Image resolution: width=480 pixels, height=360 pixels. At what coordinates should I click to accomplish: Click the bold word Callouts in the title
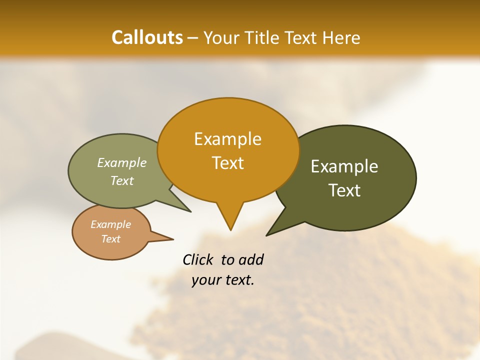tap(147, 37)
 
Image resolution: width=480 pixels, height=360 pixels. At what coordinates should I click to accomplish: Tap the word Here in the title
tap(341, 37)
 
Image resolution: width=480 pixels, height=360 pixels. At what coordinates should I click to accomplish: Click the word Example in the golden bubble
tap(227, 139)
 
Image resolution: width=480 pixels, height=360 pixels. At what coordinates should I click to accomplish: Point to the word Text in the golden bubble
tap(227, 163)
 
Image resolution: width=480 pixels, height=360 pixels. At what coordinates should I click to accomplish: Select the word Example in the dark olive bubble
tap(344, 166)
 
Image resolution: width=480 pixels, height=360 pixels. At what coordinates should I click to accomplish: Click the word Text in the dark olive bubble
tap(344, 190)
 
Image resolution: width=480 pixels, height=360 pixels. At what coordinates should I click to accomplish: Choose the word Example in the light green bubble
tap(122, 162)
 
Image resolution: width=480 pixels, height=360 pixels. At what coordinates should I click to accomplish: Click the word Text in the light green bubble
tap(122, 180)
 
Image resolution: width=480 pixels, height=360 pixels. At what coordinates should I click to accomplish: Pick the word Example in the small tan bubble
tap(110, 224)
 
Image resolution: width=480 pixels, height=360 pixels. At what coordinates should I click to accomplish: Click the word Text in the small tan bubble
tap(110, 239)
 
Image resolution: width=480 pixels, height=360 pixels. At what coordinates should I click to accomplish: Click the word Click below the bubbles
tap(198, 259)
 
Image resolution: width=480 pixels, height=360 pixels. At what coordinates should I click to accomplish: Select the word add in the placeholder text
tap(251, 259)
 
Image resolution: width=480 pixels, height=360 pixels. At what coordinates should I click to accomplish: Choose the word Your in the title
tap(220, 37)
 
